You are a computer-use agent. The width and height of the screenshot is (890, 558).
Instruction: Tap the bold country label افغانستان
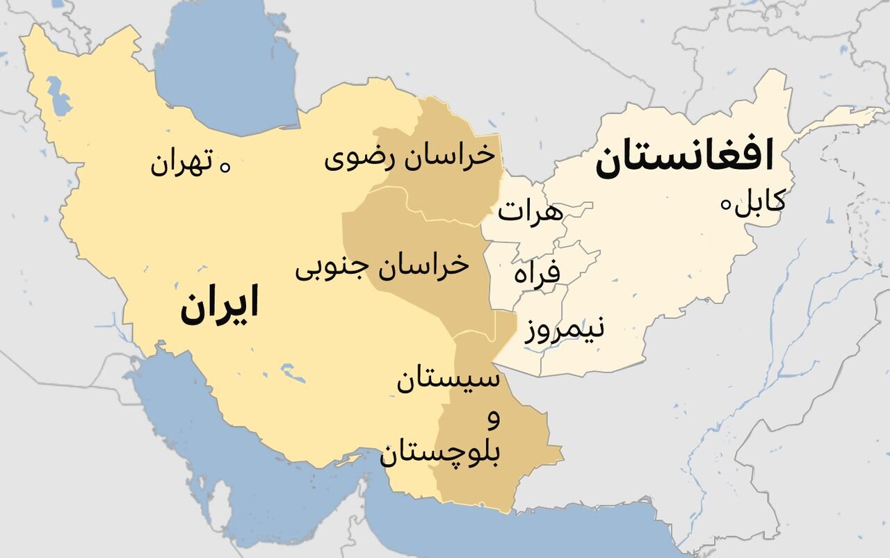684,158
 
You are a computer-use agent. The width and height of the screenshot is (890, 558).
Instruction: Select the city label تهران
180,165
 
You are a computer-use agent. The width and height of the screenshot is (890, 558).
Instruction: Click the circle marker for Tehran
225,165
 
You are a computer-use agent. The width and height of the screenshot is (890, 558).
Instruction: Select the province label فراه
537,272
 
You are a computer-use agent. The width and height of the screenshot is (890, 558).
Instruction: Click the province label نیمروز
565,328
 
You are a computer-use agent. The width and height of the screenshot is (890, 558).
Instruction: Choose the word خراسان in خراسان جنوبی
426,265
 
